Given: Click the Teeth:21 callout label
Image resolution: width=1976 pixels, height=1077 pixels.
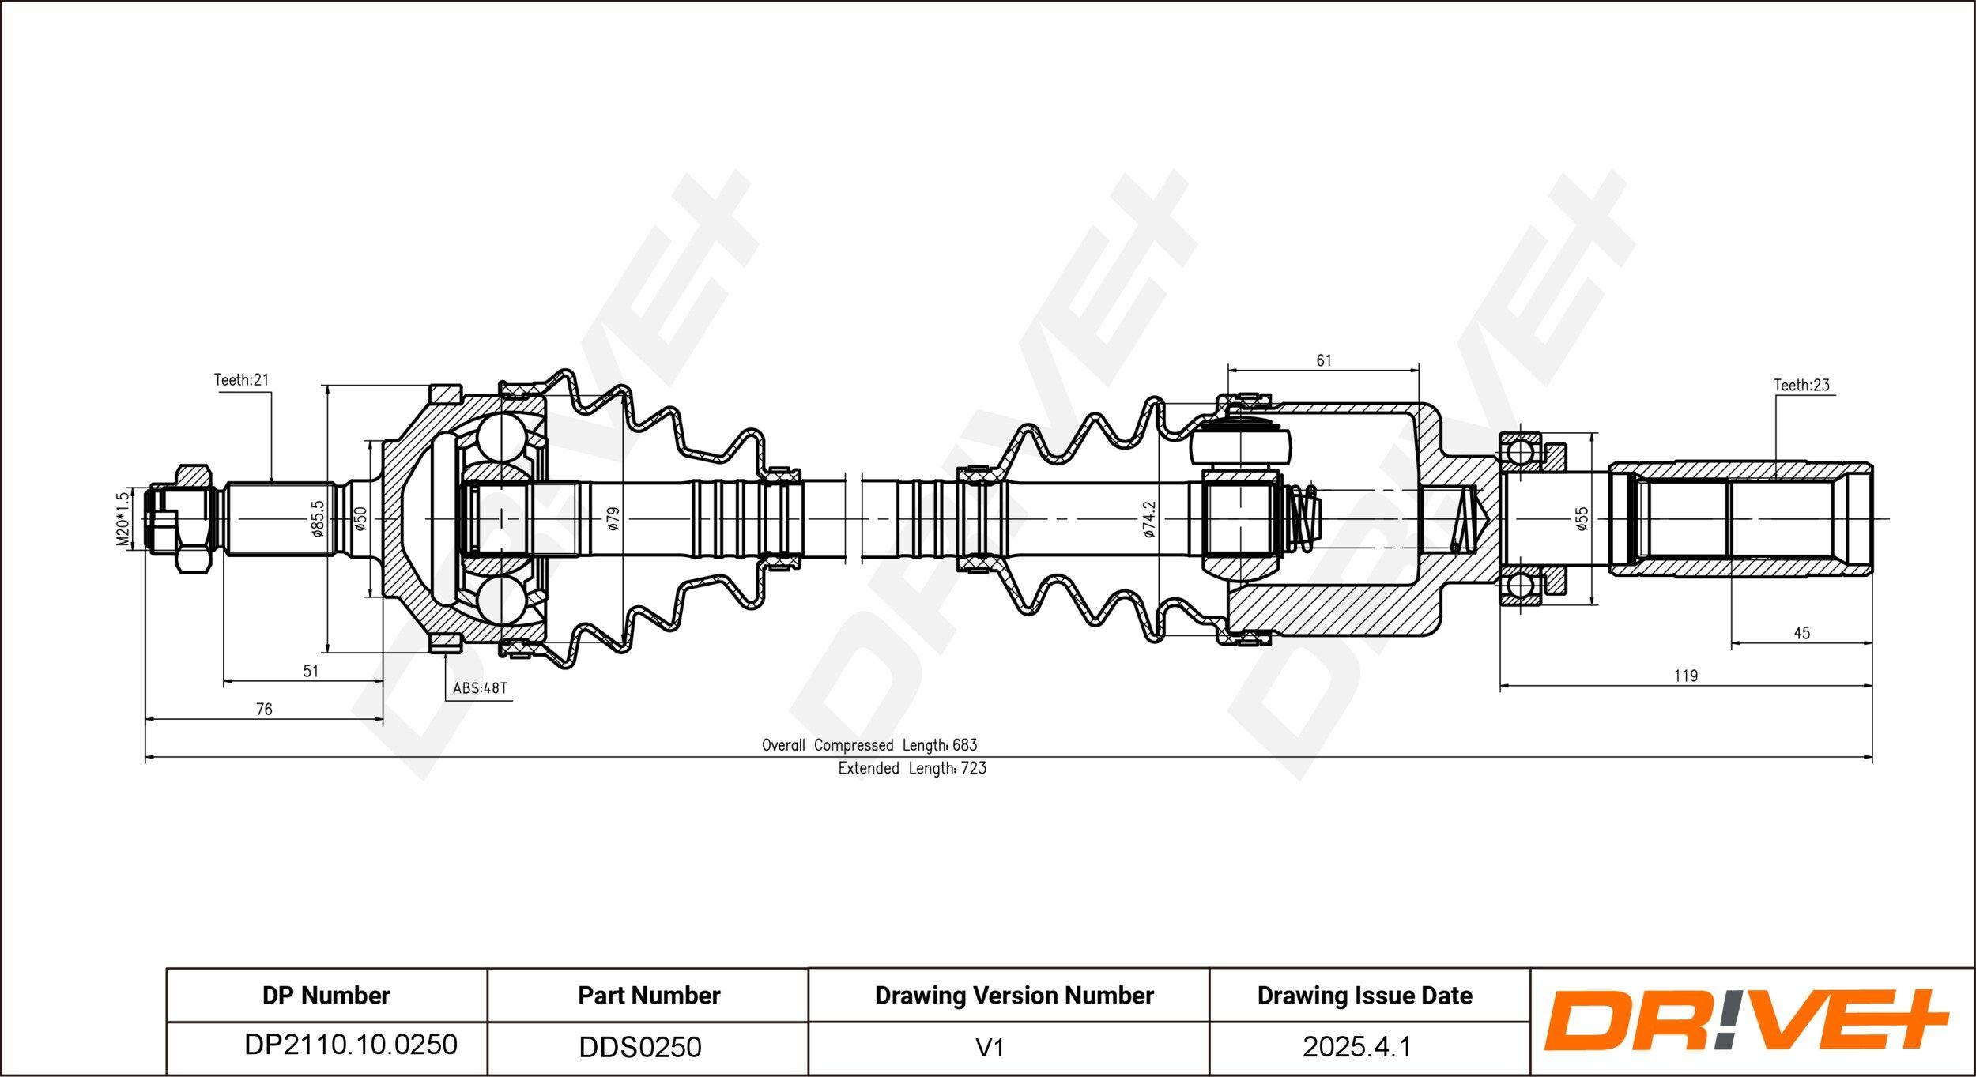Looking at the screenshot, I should click(x=241, y=380).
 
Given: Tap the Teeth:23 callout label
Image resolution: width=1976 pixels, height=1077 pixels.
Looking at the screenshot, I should click(x=1801, y=385).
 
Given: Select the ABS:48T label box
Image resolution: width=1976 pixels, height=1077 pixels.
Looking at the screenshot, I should click(x=479, y=687).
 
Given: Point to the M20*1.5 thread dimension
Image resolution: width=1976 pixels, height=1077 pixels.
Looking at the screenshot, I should click(x=123, y=519).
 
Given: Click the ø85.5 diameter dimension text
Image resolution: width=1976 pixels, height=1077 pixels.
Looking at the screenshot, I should click(x=318, y=518).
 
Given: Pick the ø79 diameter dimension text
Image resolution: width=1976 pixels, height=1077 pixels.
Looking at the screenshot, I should click(x=613, y=518).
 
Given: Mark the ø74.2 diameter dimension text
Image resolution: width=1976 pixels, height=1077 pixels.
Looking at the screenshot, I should click(x=1149, y=519).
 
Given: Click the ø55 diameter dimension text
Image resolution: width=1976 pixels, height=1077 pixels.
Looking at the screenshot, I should click(x=1582, y=518).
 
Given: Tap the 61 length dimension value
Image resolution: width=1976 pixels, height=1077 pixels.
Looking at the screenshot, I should click(x=1323, y=360).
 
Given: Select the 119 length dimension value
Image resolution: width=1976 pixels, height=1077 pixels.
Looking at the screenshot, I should click(x=1685, y=676).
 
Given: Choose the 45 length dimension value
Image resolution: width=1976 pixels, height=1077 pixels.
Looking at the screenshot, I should click(x=1801, y=633).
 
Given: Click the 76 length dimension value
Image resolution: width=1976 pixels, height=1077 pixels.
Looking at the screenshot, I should click(x=264, y=710).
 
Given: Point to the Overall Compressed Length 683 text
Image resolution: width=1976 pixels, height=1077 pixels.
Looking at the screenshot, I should click(x=869, y=745).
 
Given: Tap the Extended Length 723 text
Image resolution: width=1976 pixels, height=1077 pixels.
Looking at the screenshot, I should click(x=912, y=768).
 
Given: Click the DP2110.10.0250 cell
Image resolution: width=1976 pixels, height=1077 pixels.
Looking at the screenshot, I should click(x=350, y=1045).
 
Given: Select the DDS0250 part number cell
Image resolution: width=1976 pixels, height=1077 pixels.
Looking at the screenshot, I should click(x=639, y=1047).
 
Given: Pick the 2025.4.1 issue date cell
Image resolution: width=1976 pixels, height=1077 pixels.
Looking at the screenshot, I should click(x=1356, y=1047).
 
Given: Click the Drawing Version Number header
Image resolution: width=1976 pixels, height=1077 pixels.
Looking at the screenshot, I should click(x=1013, y=996).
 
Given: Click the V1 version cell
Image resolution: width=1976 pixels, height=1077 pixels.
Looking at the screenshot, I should click(x=990, y=1048).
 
